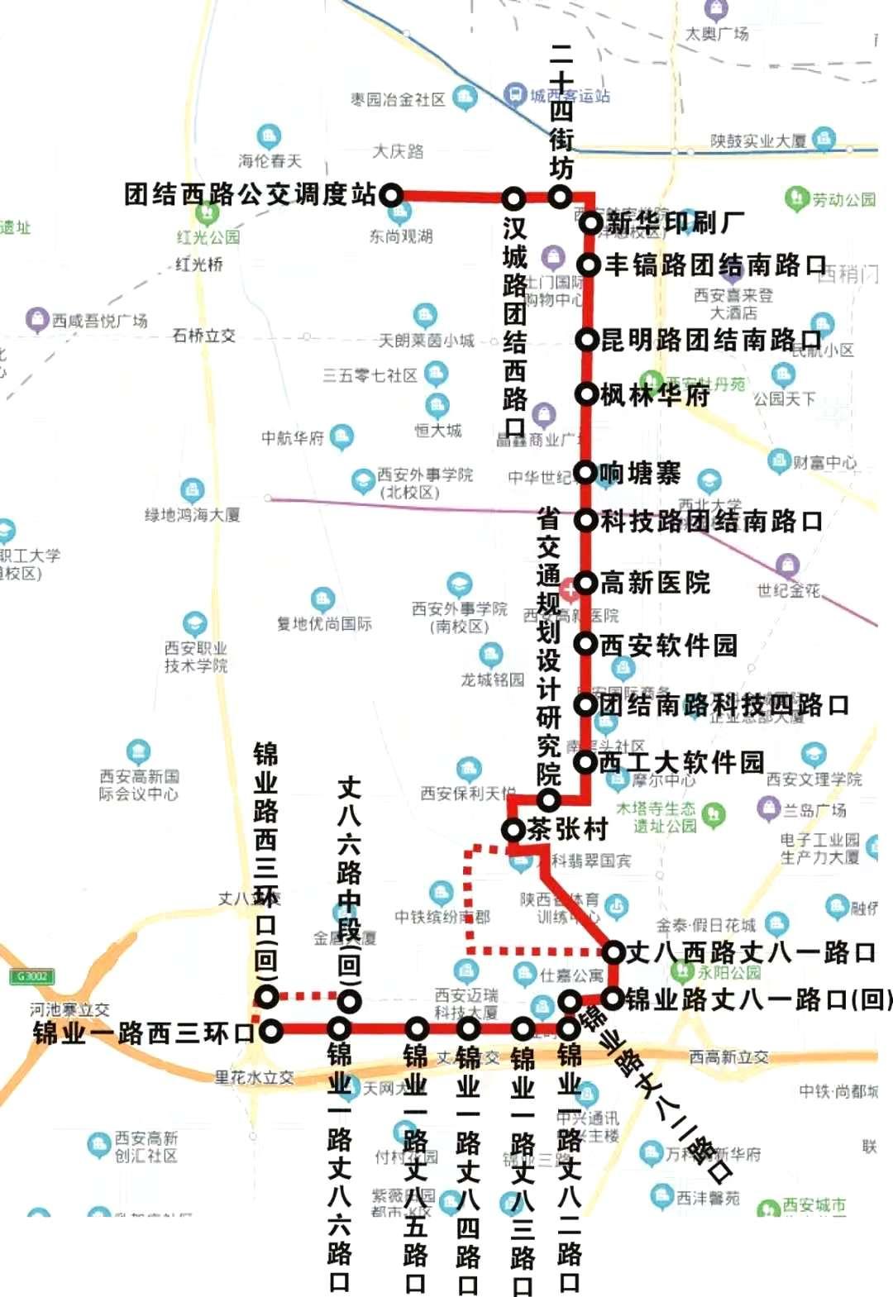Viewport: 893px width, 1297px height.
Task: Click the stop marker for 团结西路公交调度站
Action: click(x=390, y=196)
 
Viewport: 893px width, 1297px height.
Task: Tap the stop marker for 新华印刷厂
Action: click(x=590, y=222)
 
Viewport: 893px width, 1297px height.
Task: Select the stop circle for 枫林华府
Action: click(x=586, y=394)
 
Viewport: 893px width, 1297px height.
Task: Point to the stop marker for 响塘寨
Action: click(x=586, y=473)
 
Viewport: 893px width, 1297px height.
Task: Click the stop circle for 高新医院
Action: click(x=586, y=583)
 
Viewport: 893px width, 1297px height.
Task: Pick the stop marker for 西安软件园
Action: click(x=586, y=644)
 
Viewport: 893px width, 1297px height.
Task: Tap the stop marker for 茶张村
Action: click(x=513, y=829)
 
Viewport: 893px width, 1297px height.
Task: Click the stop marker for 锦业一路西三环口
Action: click(x=271, y=1031)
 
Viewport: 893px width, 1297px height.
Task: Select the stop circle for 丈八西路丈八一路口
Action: click(x=613, y=952)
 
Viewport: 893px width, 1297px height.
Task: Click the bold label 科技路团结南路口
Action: click(x=711, y=521)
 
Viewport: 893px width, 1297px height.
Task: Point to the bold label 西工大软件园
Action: click(x=681, y=761)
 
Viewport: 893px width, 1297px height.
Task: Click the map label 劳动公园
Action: click(x=843, y=199)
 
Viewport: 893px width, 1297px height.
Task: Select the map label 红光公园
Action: click(x=208, y=237)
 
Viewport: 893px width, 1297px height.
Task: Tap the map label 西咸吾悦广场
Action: click(x=99, y=320)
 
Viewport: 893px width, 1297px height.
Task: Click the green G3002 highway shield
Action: click(x=31, y=976)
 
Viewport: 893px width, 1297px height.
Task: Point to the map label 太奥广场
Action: click(x=717, y=34)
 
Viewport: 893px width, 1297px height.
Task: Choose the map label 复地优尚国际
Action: click(x=324, y=623)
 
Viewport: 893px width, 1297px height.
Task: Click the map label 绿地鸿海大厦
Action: click(x=193, y=515)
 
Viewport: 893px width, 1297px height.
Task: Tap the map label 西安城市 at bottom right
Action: click(x=814, y=1205)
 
